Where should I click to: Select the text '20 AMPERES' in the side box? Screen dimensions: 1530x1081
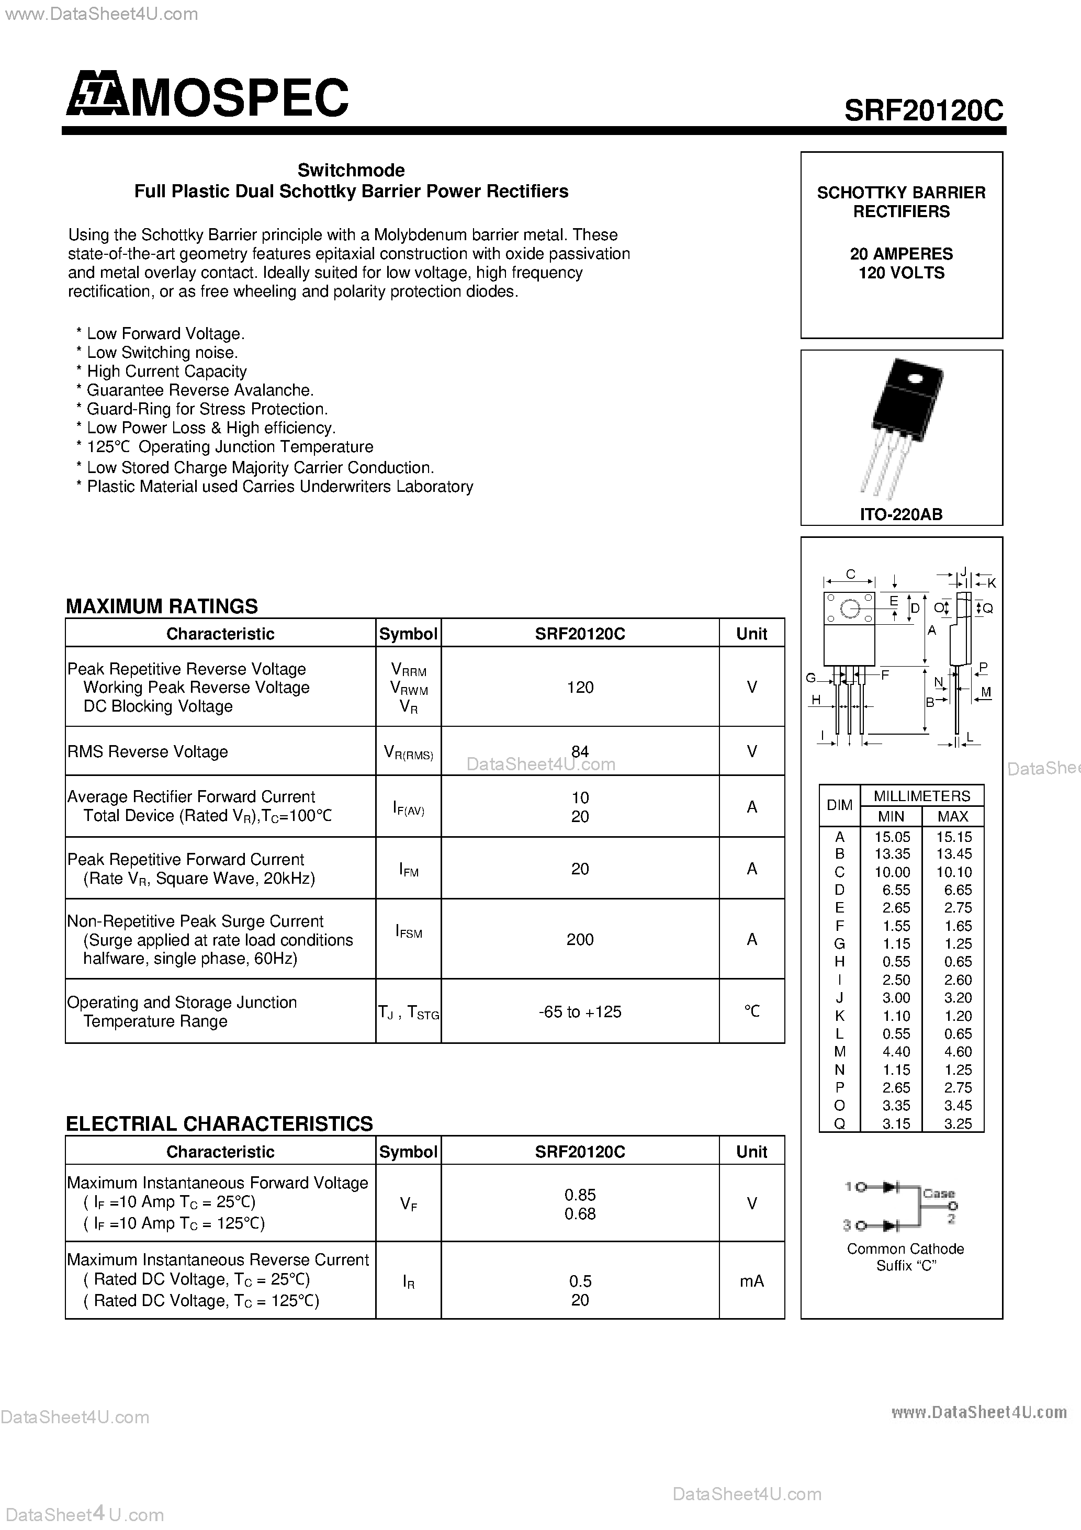pyautogui.click(x=901, y=254)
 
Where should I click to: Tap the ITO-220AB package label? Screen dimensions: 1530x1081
pyautogui.click(x=901, y=514)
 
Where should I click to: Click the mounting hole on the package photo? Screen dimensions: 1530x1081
pyautogui.click(x=914, y=380)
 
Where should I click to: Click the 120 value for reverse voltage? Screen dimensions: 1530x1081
pyautogui.click(x=580, y=687)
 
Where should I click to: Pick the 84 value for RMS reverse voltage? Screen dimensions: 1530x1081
pyautogui.click(x=580, y=751)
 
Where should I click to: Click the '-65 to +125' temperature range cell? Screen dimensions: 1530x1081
pyautogui.click(x=580, y=1011)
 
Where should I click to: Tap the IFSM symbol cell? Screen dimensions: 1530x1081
pyautogui.click(x=409, y=932)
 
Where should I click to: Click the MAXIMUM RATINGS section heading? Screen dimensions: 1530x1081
pyautogui.click(x=162, y=606)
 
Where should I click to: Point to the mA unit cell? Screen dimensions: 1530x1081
pyautogui.click(x=752, y=1281)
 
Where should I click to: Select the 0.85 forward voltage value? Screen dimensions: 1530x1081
pyautogui.click(x=580, y=1195)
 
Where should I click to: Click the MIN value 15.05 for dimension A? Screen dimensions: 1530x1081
pyautogui.click(x=892, y=836)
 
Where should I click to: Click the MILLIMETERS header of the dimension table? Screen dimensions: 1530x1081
pyautogui.click(x=922, y=796)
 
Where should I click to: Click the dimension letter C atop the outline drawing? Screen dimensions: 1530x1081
pyautogui.click(x=850, y=573)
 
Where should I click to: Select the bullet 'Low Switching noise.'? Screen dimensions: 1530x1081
pyautogui.click(x=162, y=353)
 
